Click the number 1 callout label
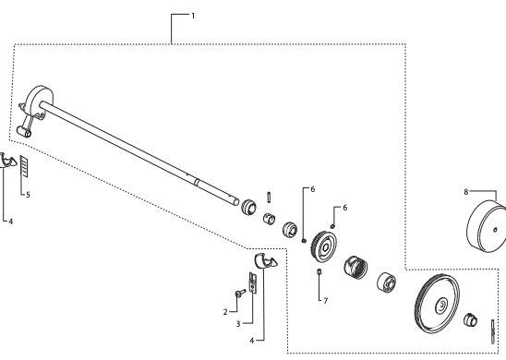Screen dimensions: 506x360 pos(193,16)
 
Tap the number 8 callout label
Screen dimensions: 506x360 pos(465,192)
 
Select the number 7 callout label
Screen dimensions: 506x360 pos(326,301)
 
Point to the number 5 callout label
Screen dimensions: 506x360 pos(28,195)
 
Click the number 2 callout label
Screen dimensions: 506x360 pos(225,312)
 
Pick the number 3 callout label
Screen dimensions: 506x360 pos(238,324)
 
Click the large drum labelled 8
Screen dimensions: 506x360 pos(487,226)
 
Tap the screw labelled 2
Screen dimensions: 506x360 pos(240,293)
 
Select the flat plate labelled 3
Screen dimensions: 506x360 pos(252,282)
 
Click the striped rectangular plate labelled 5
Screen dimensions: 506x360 pos(24,166)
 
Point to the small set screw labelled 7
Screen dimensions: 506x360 pos(319,271)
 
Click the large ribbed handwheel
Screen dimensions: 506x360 pos(437,303)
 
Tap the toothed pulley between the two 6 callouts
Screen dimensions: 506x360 pos(324,246)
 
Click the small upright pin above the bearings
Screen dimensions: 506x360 pos(269,198)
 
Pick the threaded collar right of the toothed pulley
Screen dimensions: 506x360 pos(355,268)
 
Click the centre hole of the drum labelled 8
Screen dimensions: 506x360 pos(495,230)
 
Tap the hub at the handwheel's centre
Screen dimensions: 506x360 pos(441,306)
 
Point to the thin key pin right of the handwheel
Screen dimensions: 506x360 pos(493,331)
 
